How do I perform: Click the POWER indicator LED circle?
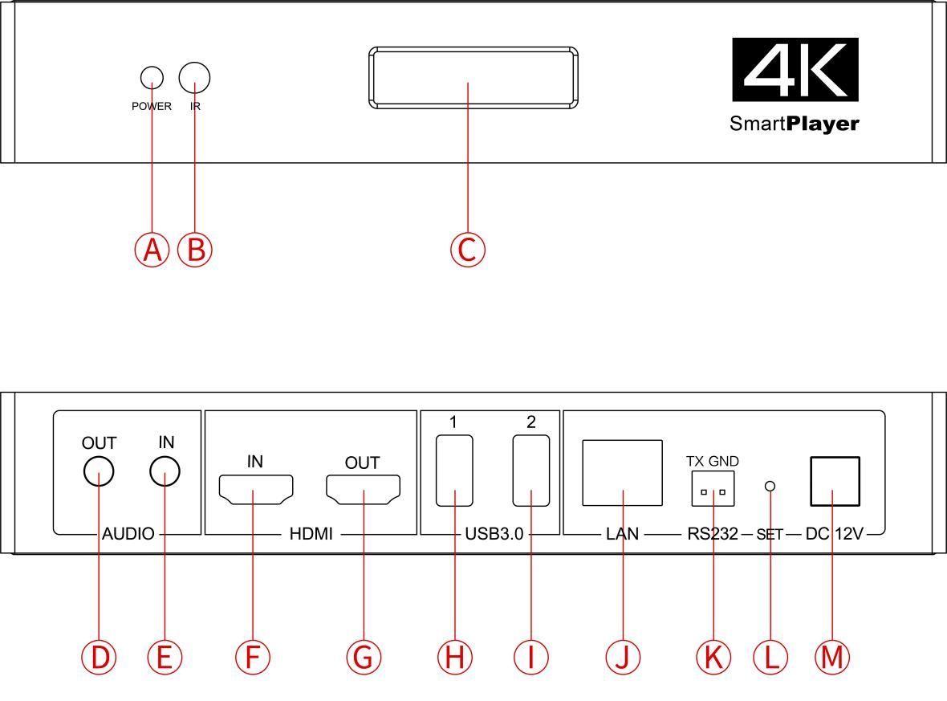point(152,78)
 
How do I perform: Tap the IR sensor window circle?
point(194,78)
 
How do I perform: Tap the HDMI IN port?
point(256,489)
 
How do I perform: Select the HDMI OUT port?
point(363,489)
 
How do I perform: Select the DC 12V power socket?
point(834,481)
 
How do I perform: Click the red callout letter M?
point(832,657)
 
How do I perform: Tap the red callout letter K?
point(713,657)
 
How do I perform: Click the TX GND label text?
point(713,461)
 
